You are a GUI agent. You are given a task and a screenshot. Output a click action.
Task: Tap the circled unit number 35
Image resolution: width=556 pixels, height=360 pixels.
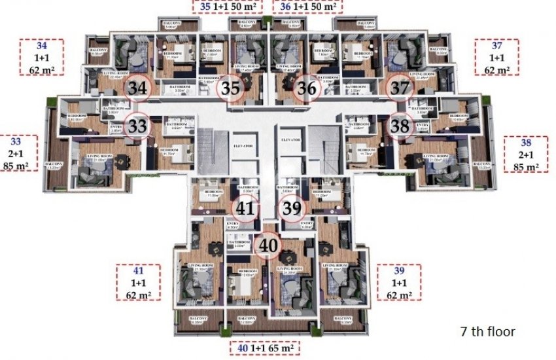[230, 88]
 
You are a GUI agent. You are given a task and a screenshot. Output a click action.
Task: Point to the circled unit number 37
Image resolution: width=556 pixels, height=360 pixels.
[398, 88]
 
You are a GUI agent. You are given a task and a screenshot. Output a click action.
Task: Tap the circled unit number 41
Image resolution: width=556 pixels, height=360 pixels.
[245, 209]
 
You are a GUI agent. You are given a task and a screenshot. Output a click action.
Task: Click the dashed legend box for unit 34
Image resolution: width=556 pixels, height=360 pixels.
[41, 58]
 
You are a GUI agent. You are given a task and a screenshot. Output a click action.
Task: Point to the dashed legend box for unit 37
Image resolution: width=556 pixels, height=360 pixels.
[496, 58]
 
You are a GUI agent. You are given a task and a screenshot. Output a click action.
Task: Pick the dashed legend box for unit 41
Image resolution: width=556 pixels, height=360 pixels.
[138, 282]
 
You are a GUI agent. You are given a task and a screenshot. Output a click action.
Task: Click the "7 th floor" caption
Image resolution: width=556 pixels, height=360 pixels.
[487, 332]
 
